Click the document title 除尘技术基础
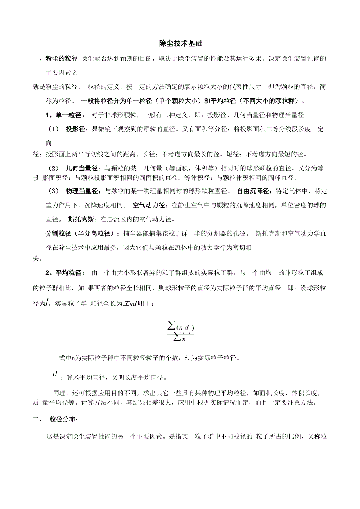pos(180,43)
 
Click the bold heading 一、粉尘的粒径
pos(55,59)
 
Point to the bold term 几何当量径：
pos(83,168)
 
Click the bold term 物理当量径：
pos(83,191)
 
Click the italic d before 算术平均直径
pos(55,375)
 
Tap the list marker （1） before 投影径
pos(54,129)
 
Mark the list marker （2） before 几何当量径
pos(54,168)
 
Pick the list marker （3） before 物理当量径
pos(54,191)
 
